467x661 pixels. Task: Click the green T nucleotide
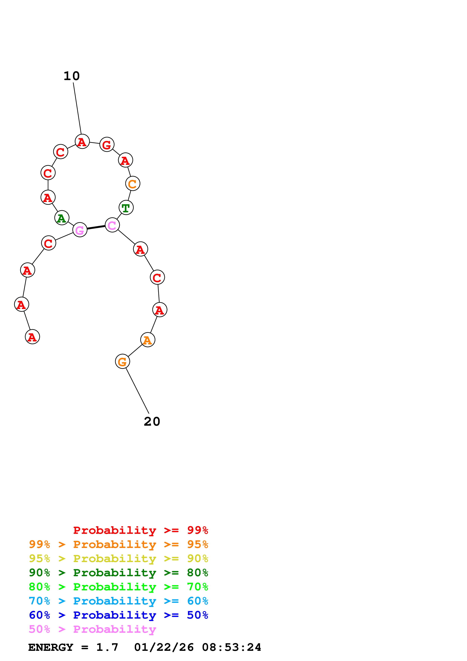click(x=126, y=208)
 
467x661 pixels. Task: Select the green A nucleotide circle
click(x=62, y=218)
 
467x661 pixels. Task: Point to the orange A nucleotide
click(x=148, y=340)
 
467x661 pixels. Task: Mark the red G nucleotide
click(x=107, y=145)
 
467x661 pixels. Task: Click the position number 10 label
click(x=72, y=76)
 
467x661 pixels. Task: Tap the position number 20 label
click(x=152, y=422)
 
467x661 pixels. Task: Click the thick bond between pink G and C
click(x=96, y=227)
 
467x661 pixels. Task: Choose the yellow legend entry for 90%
click(x=118, y=558)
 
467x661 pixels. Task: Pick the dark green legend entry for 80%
click(x=118, y=573)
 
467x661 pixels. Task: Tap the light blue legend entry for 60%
click(x=118, y=601)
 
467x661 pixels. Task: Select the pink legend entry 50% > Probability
click(x=92, y=629)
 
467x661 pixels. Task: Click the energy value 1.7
click(x=107, y=647)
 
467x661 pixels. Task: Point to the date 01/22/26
click(x=164, y=647)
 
